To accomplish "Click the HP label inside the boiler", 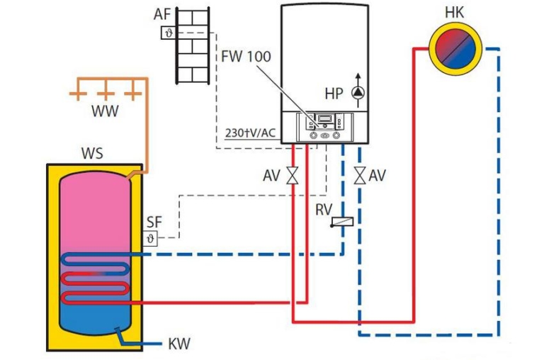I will click(x=334, y=94).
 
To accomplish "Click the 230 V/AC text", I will click(x=249, y=133).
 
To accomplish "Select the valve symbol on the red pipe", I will click(x=292, y=175).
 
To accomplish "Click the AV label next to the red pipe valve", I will click(x=271, y=174).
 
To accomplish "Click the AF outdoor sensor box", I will click(x=168, y=33).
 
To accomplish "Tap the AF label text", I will click(x=163, y=15).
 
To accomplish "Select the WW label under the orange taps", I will click(x=105, y=111).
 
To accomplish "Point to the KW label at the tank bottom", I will click(x=178, y=345).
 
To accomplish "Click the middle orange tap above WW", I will click(x=105, y=93).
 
